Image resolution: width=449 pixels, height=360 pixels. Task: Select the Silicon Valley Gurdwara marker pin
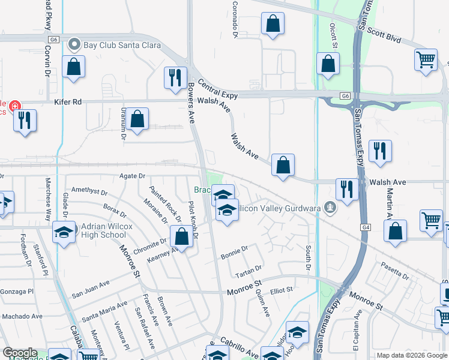[328, 207]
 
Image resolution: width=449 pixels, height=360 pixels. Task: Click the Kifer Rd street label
[68, 102]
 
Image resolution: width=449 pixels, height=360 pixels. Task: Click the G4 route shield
[366, 227]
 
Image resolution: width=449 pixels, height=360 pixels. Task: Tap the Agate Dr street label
[132, 176]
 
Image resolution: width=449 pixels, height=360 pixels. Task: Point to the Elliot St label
[281, 290]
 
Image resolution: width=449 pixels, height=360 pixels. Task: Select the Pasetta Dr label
[397, 275]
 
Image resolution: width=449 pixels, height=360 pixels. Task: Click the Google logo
[20, 353]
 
